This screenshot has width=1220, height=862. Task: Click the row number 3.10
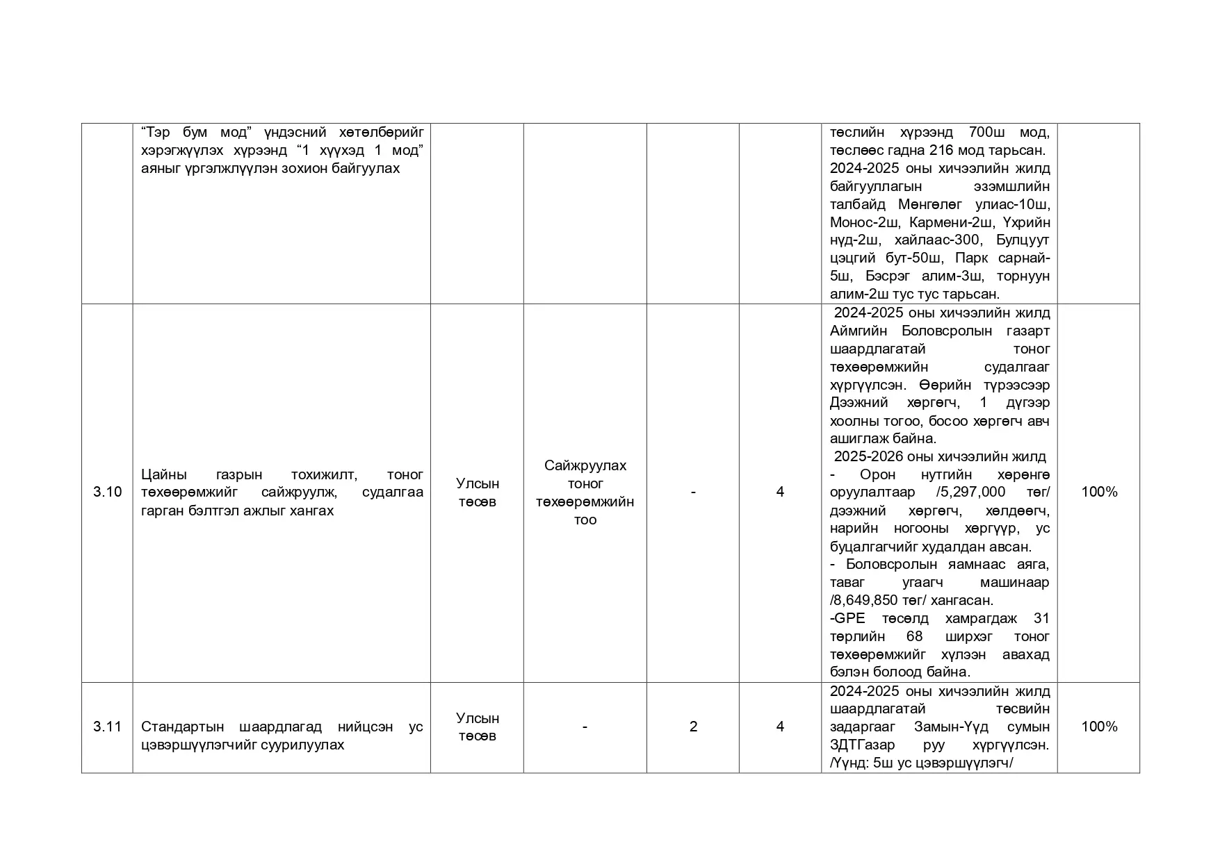(107, 492)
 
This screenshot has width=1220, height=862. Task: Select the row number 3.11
(107, 727)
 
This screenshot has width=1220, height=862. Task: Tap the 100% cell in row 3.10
(1099, 492)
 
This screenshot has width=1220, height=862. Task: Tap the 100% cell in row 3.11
(1099, 727)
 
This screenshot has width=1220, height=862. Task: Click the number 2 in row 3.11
(693, 727)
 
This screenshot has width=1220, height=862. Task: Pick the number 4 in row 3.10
(780, 492)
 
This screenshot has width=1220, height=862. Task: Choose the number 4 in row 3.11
(780, 727)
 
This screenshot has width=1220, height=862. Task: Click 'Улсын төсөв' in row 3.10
(477, 492)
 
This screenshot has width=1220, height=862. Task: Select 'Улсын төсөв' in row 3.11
(477, 727)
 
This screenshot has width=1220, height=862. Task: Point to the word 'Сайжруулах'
(585, 466)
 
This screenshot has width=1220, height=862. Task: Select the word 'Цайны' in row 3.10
(164, 475)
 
